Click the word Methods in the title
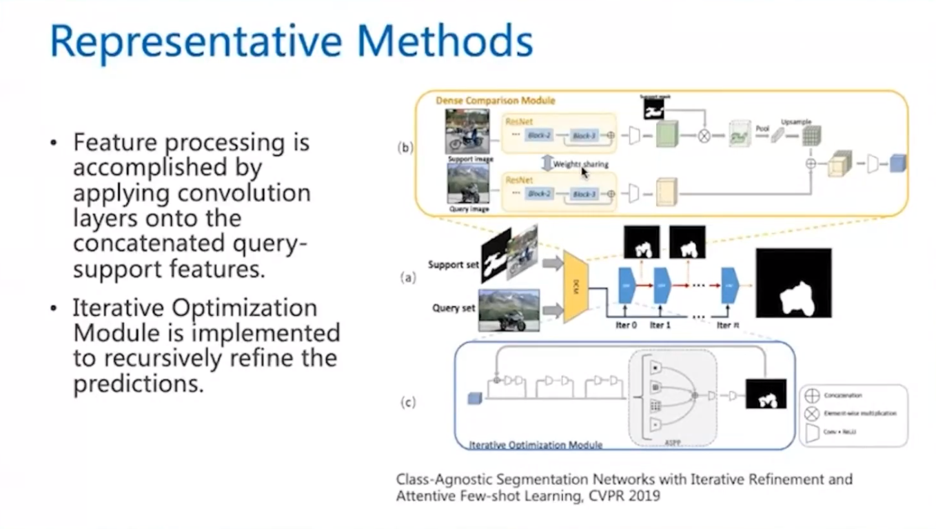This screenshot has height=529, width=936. coord(442,41)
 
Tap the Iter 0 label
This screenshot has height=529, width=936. coord(626,325)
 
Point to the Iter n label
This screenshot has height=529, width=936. coord(724,325)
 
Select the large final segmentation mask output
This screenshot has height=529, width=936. coord(793,283)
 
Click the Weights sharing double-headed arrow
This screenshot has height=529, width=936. coord(547,163)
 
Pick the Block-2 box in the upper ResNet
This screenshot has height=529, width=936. coord(540,135)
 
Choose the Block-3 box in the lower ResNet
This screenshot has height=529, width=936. coord(584,194)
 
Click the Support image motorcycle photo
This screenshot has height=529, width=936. coord(467,131)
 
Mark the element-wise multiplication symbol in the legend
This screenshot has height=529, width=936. coord(812,413)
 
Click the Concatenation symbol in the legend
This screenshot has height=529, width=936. coord(812,396)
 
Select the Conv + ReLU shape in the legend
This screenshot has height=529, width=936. coord(812,432)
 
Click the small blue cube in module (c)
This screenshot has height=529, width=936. coord(474,398)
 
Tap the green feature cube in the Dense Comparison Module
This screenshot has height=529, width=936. coord(667,134)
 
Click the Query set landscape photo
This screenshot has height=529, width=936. coord(509,310)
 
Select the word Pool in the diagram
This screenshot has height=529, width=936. coord(762,129)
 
